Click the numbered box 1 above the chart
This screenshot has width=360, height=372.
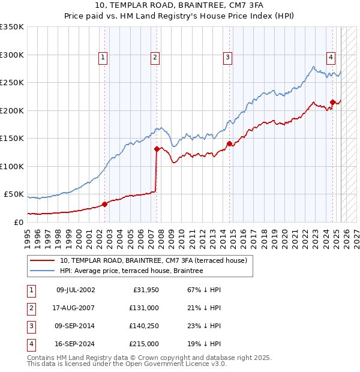(103, 58)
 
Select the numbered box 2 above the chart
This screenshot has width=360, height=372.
(155, 58)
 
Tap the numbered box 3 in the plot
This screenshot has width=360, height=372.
(228, 58)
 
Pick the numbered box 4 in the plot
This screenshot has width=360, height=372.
(331, 58)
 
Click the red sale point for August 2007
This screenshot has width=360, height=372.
(157, 149)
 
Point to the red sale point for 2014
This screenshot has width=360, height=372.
(229, 143)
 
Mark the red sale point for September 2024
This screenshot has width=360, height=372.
(333, 102)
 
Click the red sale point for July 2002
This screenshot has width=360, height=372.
(104, 204)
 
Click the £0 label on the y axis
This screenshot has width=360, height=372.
(19, 222)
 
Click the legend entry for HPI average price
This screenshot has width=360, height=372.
(131, 271)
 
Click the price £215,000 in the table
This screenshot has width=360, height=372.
(144, 344)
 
